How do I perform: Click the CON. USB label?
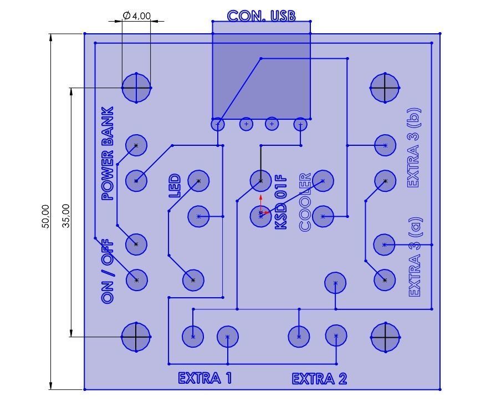pos(261,16)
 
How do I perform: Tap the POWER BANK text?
pos(108,154)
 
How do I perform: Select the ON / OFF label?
pos(108,271)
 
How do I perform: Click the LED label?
pos(175,186)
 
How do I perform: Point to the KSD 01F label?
pos(282,202)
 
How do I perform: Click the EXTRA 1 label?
pos(205,378)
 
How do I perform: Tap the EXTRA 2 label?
pos(319,379)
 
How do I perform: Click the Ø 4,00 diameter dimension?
pos(136,16)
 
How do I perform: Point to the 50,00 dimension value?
pos(46,216)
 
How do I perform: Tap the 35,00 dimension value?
pos(66,216)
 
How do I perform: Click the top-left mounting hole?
pos(136,88)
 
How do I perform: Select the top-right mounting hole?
pos(385,88)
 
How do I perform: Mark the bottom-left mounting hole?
pos(136,337)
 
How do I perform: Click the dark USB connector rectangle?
pos(261,75)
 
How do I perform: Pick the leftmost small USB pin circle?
pos(218,124)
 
